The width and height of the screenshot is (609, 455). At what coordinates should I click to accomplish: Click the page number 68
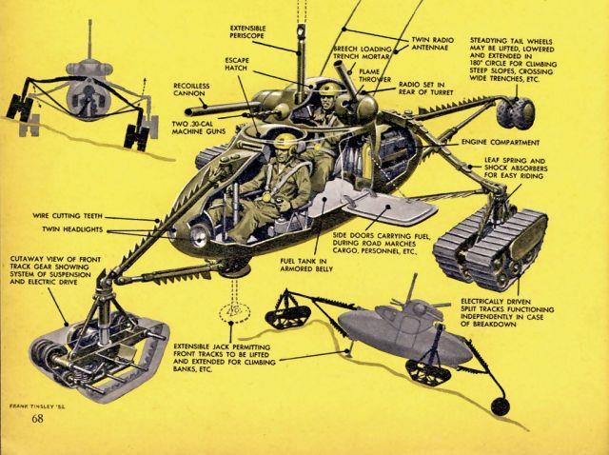coord(37,418)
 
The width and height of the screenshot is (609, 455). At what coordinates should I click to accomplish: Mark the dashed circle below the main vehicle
coord(230,310)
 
